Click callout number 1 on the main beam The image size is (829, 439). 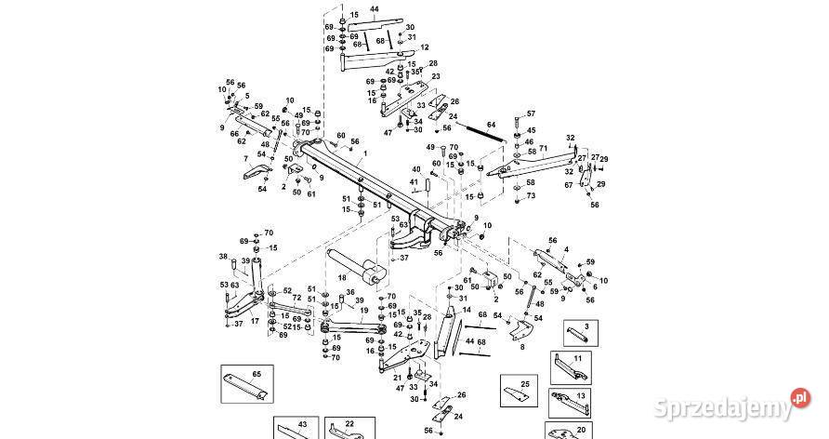point(364,153)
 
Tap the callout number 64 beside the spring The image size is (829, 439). point(492,124)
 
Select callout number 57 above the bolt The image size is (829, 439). point(531,113)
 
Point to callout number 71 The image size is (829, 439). point(543,149)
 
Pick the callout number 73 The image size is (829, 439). point(531,196)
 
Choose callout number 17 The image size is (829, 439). point(254,321)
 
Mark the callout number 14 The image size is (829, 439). point(466,310)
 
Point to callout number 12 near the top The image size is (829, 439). point(425,47)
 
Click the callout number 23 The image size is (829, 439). point(436,76)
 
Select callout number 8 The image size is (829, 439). point(522,347)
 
